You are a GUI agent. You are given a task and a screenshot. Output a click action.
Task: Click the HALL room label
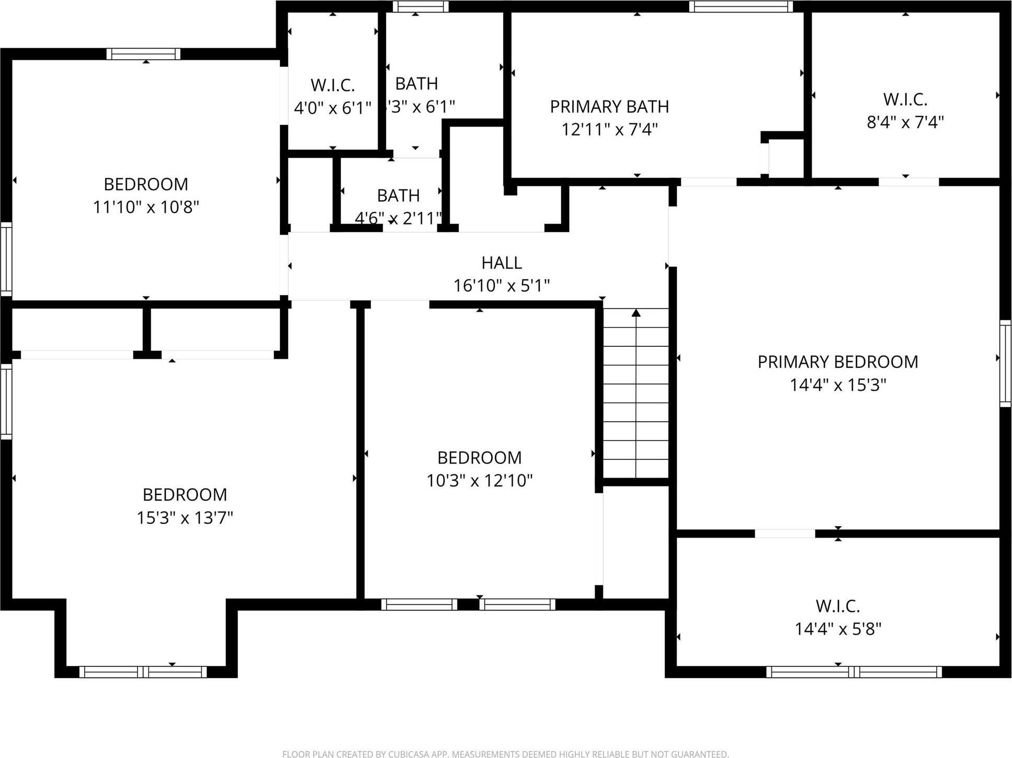[x=502, y=263]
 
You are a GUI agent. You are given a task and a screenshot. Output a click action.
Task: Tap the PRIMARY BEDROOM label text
[x=837, y=362]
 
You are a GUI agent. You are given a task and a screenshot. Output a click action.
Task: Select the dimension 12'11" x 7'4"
[x=609, y=129]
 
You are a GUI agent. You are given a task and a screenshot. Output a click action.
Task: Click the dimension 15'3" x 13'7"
[x=185, y=518]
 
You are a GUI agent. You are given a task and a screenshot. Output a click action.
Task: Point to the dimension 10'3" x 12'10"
[x=479, y=480]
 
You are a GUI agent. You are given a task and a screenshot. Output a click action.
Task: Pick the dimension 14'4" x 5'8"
[x=838, y=629]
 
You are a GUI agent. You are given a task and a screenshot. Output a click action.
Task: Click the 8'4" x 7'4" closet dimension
[x=905, y=122]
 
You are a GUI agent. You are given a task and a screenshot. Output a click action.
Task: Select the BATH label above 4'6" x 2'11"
[x=398, y=196]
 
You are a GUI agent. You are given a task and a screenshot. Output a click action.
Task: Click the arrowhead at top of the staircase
[x=636, y=313]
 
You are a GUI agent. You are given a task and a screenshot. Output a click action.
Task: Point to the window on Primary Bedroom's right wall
[x=1005, y=364]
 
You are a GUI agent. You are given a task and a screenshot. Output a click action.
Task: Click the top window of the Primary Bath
[x=740, y=7]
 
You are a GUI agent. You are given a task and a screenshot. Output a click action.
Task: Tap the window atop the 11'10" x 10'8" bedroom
[x=143, y=54]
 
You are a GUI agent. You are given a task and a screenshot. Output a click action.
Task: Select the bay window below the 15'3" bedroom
[x=143, y=672]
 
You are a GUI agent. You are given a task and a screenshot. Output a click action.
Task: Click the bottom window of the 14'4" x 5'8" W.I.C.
[x=854, y=672]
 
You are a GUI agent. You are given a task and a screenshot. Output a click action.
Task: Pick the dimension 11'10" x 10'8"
[x=146, y=208]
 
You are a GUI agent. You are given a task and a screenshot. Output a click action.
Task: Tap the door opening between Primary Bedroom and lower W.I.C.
[x=784, y=534]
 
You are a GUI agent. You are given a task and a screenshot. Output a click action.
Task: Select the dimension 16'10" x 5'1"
[x=502, y=286]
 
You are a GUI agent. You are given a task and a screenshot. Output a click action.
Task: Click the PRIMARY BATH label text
[x=609, y=107]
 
